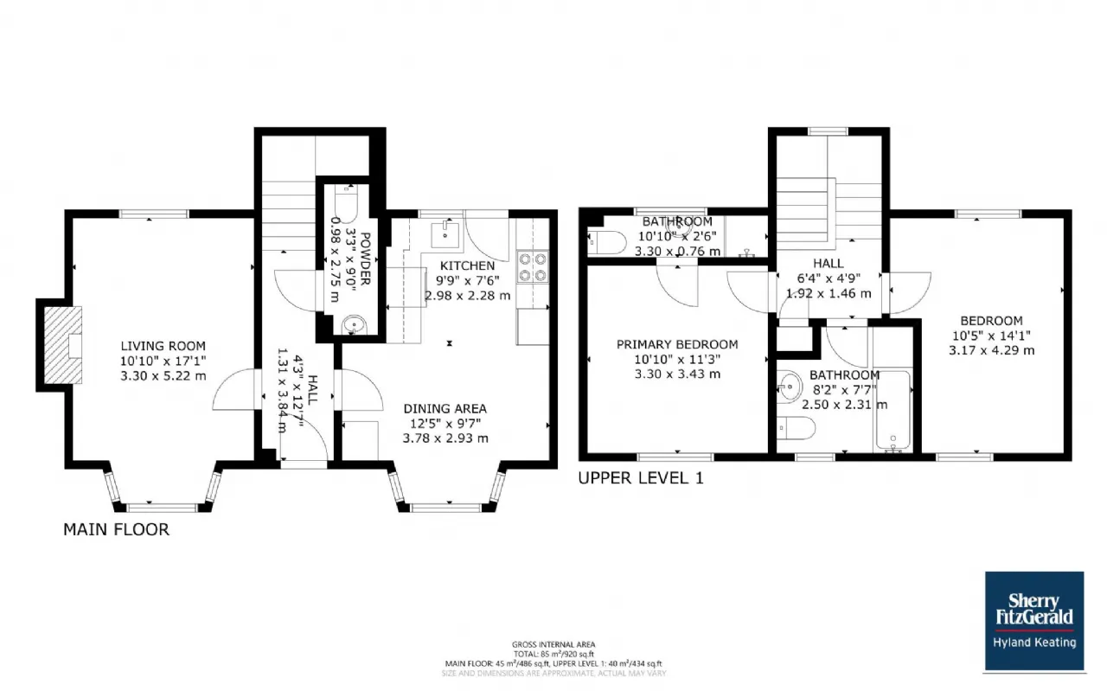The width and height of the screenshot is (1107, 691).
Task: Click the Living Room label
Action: coord(163,345)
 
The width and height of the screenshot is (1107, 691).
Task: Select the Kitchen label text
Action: coord(467,266)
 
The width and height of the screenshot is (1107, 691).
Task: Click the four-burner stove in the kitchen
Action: coord(534,266)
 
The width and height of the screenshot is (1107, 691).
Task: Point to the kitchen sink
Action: coord(445,231)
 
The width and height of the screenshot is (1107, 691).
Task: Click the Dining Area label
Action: coord(445,408)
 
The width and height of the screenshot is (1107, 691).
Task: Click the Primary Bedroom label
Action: coord(676,344)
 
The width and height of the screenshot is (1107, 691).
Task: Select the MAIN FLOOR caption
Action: coord(116,529)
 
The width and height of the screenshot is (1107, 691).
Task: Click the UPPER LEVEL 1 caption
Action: coord(640,477)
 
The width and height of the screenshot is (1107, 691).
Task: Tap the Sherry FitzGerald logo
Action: coord(1033,621)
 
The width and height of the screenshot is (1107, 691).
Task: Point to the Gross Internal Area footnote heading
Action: coord(553,644)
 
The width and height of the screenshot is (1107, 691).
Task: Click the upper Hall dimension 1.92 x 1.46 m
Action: coord(828,293)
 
